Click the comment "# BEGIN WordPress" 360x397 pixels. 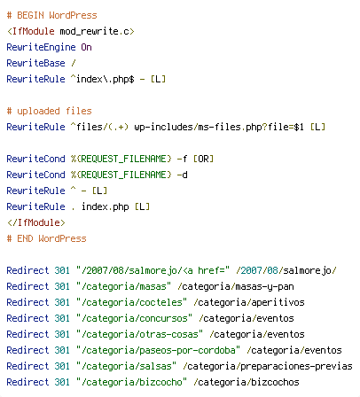click(x=52, y=15)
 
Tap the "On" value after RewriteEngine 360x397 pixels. click(x=86, y=47)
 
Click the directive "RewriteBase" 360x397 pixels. click(x=35, y=63)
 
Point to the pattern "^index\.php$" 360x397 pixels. click(x=103, y=79)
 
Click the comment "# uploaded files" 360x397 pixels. click(x=50, y=111)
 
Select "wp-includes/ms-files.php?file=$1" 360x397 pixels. click(x=219, y=127)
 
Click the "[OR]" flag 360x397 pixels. click(x=203, y=159)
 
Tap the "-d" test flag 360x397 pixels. click(x=183, y=175)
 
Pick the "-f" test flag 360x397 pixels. click(x=182, y=159)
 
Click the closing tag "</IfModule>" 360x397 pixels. click(x=36, y=222)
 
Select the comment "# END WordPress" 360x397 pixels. click(x=47, y=238)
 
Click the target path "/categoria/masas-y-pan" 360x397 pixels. click(x=236, y=286)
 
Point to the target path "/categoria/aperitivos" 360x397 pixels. click(x=249, y=302)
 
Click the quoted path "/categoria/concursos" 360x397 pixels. click(x=135, y=318)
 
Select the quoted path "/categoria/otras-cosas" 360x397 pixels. click(x=140, y=334)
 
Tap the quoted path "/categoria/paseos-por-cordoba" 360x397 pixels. click(x=159, y=350)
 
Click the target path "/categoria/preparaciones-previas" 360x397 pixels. click(x=268, y=366)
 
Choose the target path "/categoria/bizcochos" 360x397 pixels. click(x=247, y=382)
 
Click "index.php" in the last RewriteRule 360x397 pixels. click(x=106, y=206)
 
